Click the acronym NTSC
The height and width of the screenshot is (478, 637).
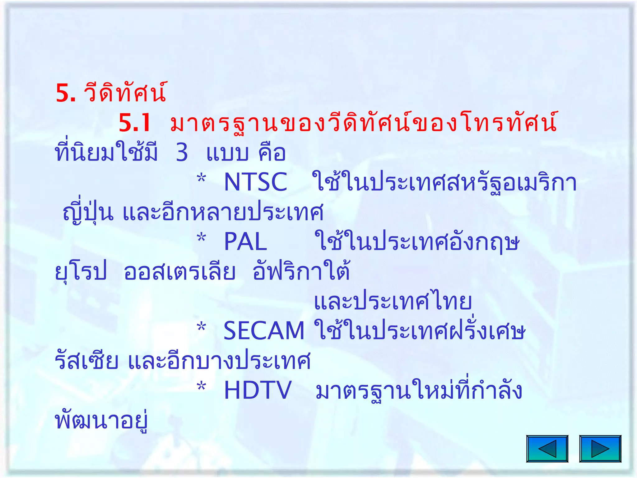255,182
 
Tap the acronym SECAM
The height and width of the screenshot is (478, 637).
264,331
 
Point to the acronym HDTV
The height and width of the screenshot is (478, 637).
258,390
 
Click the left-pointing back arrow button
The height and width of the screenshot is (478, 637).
547,449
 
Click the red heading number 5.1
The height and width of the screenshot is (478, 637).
135,123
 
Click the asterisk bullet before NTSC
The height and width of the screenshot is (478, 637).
202,179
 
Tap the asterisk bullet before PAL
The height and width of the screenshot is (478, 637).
202,238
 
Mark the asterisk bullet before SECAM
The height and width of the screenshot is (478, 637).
202,327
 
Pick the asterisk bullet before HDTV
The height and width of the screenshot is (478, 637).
202,387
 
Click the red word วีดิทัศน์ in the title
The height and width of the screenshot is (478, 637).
125,92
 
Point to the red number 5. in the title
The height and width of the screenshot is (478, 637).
66,93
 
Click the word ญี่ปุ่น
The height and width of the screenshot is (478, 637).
88,212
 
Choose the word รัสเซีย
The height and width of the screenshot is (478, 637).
87,361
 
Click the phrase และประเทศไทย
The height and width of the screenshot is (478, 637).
393,301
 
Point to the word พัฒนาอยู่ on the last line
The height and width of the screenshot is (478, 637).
101,421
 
